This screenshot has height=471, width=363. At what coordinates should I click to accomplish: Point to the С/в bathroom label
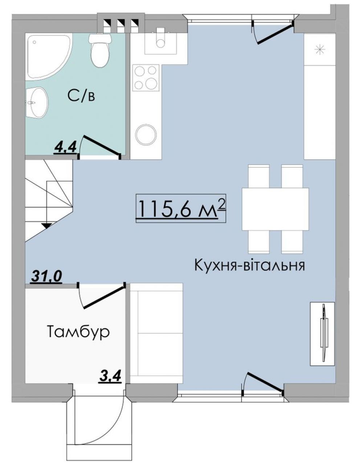tap(81, 97)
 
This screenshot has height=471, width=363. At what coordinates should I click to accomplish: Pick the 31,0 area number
tap(46, 276)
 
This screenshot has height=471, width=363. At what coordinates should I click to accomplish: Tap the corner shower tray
tap(48, 57)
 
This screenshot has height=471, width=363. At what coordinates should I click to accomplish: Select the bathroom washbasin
tap(36, 103)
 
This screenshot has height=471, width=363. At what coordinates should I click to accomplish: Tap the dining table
tap(275, 209)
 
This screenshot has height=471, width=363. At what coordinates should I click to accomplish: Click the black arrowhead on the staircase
tap(47, 226)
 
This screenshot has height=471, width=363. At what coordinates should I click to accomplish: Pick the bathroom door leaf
tap(101, 145)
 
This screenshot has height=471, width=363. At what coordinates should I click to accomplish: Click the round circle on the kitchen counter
tap(146, 134)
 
